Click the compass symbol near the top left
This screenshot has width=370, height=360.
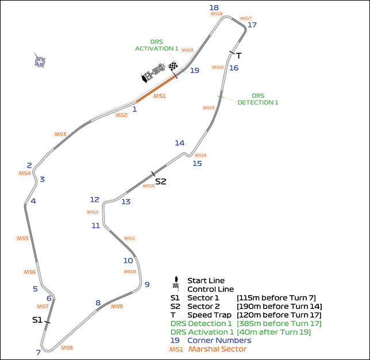click(40, 61)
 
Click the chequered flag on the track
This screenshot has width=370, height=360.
click(172, 67)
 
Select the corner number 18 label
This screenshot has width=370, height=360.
click(214, 7)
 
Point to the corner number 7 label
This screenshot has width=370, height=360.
click(38, 352)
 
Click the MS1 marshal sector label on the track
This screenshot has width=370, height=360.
click(159, 96)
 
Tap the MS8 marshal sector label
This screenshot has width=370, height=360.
click(67, 348)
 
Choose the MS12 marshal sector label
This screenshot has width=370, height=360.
click(92, 212)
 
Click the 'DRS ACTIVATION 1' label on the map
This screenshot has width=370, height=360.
click(157, 45)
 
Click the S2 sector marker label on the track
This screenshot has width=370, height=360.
click(160, 181)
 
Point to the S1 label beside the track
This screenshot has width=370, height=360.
click(37, 320)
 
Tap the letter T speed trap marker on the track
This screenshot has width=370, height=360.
click(238, 56)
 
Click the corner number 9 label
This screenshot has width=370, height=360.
click(147, 284)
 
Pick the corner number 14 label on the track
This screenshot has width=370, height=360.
click(180, 143)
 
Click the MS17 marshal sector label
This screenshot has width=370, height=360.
click(245, 18)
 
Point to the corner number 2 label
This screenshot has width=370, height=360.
click(29, 165)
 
